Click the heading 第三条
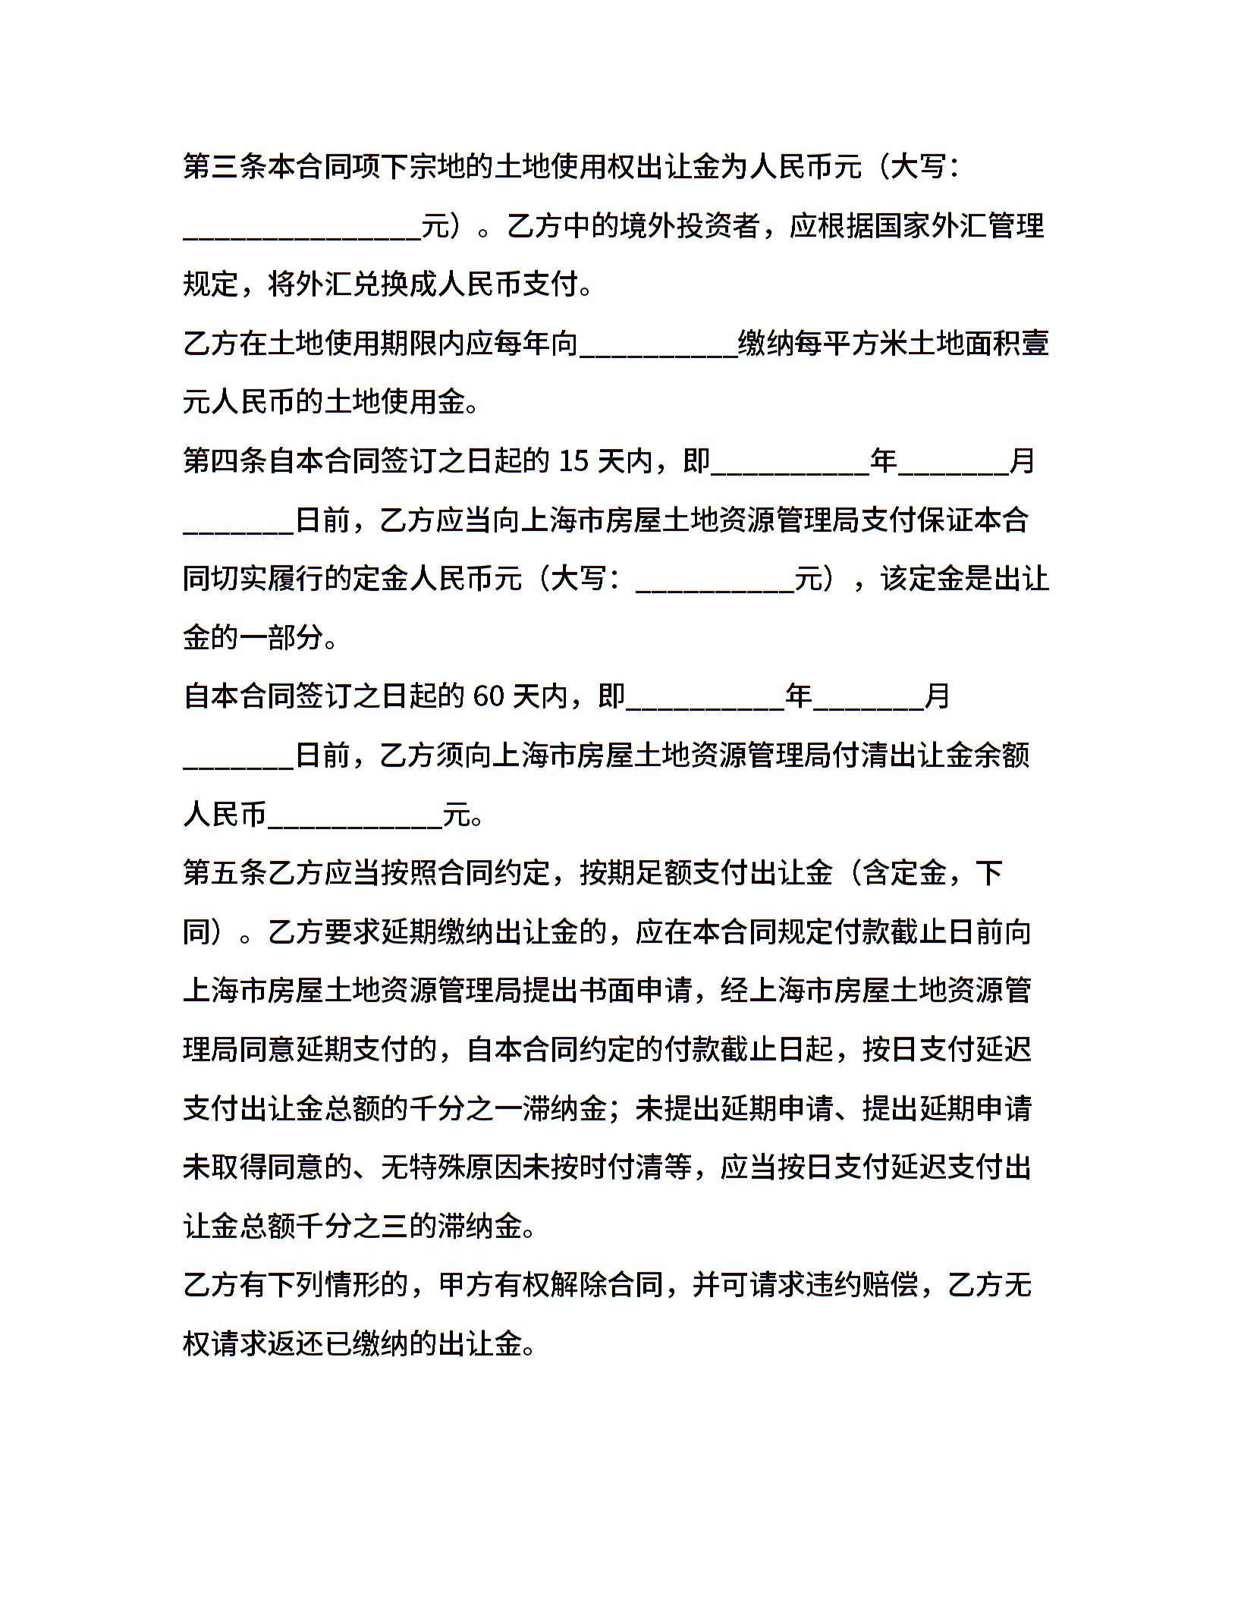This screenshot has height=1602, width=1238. pos(225,167)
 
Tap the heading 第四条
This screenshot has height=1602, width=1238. pos(225,460)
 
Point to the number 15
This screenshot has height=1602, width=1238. pos(573,460)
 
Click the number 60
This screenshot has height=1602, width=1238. pos(488,696)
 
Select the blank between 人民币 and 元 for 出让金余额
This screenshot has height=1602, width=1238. pos(355,815)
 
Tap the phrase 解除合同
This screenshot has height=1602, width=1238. pos(608,1285)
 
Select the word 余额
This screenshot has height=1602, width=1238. pos(1003,755)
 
